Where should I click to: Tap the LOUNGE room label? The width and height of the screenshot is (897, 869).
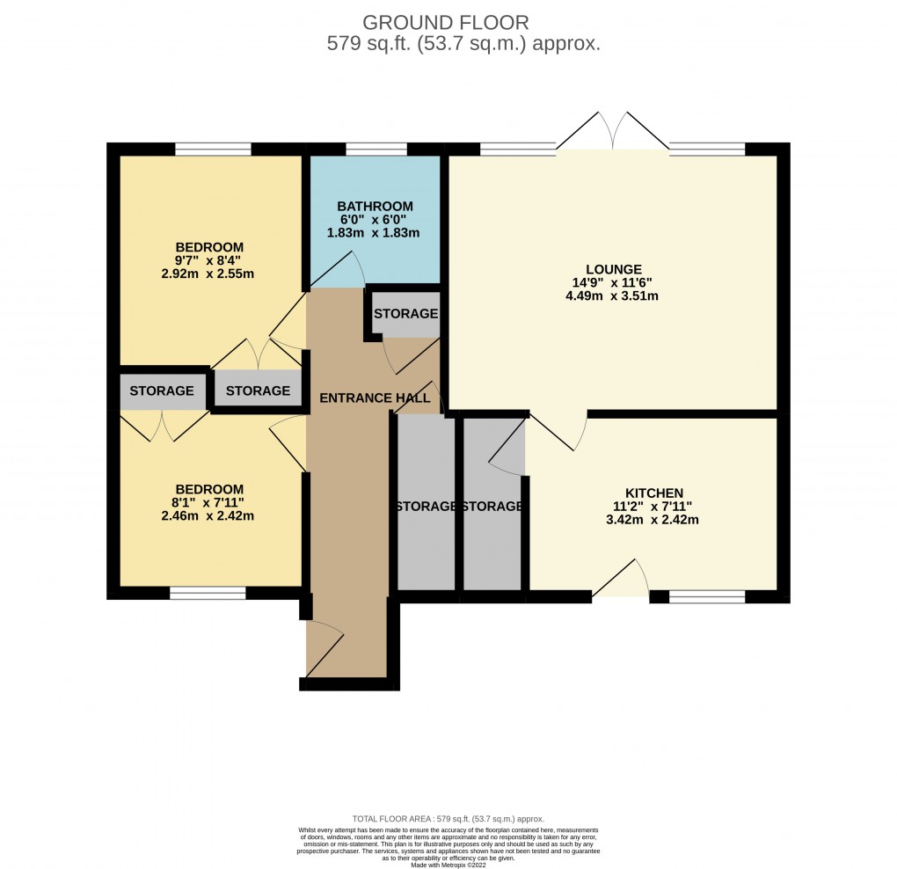click(615, 269)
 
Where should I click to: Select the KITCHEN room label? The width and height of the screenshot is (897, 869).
click(654, 493)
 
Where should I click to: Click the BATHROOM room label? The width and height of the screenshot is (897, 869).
click(375, 207)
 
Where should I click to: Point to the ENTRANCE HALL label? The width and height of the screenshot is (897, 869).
click(367, 398)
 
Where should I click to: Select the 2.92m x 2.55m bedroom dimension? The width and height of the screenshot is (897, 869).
click(208, 274)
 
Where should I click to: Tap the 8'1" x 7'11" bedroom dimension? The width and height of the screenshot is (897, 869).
click(208, 503)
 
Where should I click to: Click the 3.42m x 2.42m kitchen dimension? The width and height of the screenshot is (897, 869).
click(654, 520)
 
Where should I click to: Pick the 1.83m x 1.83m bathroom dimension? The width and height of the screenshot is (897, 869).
click(375, 233)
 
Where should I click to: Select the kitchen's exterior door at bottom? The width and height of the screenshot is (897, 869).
click(622, 581)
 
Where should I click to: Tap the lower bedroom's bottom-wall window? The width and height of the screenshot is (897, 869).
click(208, 595)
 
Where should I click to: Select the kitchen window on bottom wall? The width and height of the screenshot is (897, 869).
click(707, 596)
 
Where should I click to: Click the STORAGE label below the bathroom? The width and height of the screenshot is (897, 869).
click(405, 314)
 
